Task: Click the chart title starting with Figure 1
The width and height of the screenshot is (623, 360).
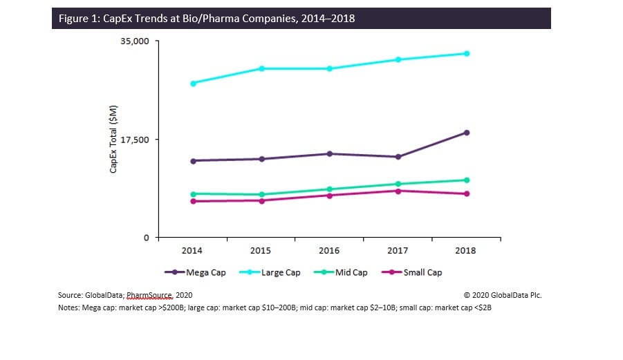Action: [204, 19]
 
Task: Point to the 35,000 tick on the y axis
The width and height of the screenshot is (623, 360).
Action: [135, 41]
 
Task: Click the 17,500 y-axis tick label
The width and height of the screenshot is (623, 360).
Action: [135, 140]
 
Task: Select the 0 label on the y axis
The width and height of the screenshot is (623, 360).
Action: [145, 238]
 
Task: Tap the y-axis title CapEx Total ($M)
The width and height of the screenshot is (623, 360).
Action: [114, 139]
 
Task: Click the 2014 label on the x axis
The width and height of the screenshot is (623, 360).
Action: [192, 250]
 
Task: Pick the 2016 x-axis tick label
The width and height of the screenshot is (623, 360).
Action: [329, 250]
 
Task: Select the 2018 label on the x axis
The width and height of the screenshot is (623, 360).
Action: [466, 250]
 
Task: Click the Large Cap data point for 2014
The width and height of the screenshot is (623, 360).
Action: [193, 84]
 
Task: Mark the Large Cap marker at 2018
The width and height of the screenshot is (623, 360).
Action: [467, 53]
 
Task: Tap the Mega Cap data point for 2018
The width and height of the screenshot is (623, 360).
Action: [467, 133]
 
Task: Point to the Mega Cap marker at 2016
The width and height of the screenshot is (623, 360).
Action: [330, 153]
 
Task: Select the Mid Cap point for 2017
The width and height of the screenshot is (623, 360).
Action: [398, 184]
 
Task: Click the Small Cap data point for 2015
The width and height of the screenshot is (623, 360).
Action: [261, 200]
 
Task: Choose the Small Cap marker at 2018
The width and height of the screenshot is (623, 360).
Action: [467, 193]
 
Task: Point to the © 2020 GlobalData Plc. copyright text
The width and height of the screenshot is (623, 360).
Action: [502, 295]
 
